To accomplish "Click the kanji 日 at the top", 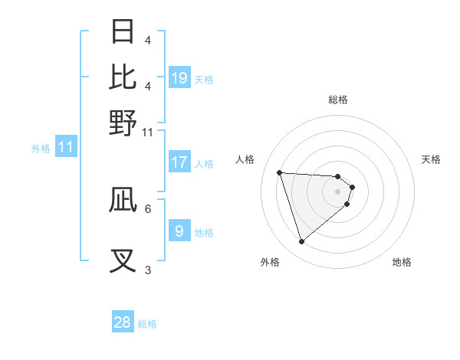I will tap(123, 31).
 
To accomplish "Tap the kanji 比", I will tap(123, 77).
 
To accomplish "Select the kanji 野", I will tap(123, 122).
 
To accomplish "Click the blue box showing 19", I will tap(179, 77).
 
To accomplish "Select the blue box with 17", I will tap(179, 162).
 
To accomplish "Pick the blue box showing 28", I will tap(123, 322).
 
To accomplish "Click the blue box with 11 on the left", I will tap(65, 147).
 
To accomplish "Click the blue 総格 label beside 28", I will tap(147, 324).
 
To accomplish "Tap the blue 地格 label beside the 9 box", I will tap(204, 232).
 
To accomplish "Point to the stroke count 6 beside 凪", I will tap(148, 208).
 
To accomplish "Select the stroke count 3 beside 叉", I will tap(148, 270).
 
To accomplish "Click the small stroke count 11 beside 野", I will tap(148, 132).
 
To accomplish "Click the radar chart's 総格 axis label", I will tap(338, 100).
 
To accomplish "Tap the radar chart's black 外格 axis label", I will tap(270, 263).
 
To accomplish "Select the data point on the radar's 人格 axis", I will tap(280, 172).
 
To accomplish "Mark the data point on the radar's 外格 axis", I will tap(301, 241).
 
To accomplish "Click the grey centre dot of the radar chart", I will tap(338, 191).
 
